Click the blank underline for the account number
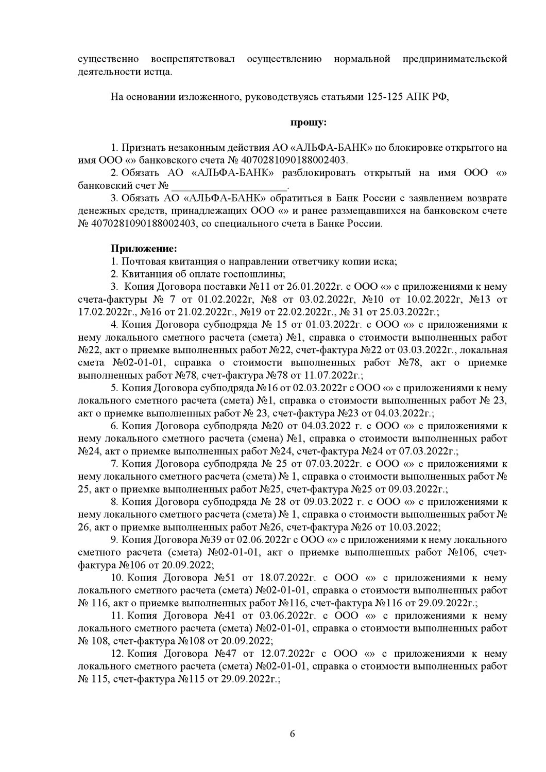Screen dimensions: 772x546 coord(229,185)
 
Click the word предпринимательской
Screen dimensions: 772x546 coord(456,59)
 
